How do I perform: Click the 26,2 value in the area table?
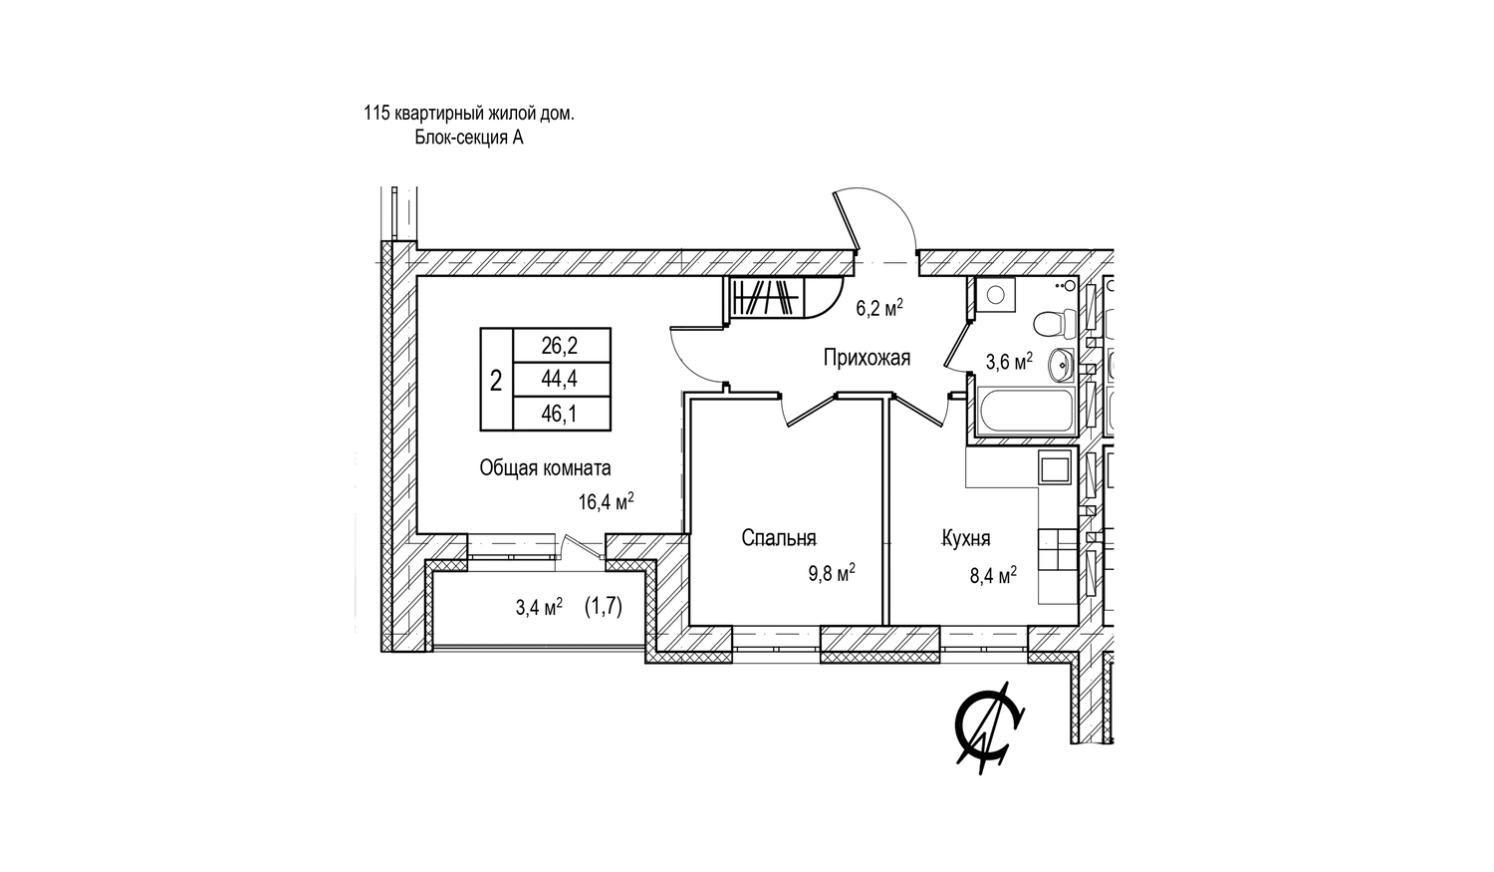point(559,346)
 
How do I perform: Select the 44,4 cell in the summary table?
point(559,380)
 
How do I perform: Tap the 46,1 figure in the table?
point(559,415)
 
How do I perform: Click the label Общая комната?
point(545,468)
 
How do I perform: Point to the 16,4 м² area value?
point(606,501)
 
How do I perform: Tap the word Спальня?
point(779,538)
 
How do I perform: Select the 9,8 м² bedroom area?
point(832,573)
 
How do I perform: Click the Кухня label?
point(966,538)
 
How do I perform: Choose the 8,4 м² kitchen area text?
point(993,575)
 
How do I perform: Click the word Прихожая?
point(867,359)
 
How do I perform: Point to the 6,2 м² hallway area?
point(879,308)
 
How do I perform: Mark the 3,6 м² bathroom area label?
point(1009,362)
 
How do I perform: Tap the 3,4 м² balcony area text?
point(539,608)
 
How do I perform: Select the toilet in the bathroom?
point(1055,325)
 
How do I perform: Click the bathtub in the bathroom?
point(1025,410)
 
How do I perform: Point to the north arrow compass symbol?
point(989,728)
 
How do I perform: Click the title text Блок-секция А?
point(469,138)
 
